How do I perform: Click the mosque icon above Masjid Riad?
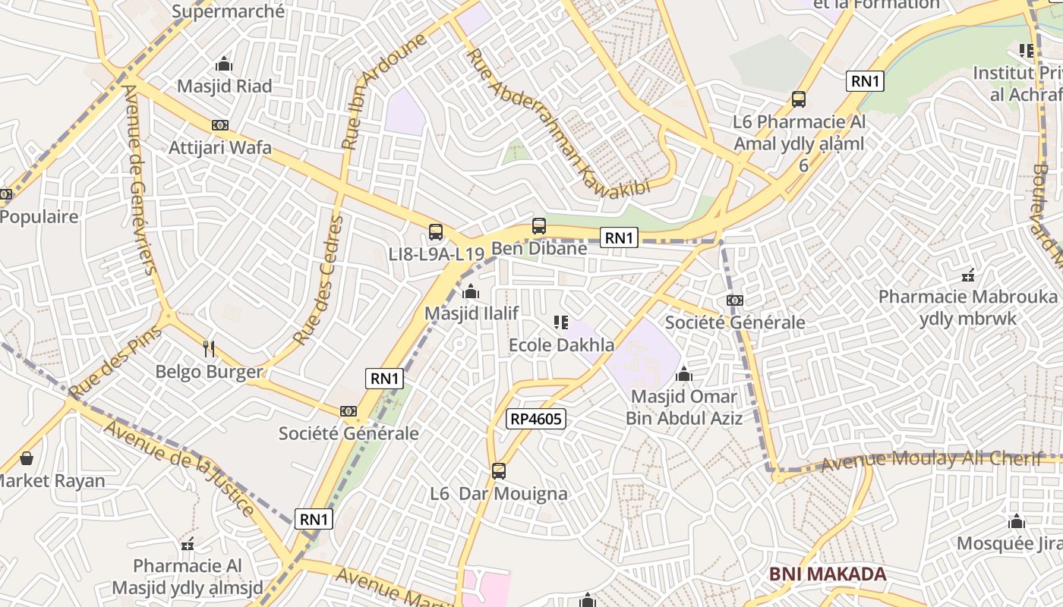223,64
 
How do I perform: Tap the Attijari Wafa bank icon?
220,125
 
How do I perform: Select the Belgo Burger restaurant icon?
210,349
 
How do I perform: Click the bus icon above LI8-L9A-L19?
436,232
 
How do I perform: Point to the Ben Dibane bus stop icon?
539,225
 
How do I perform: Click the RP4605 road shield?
536,418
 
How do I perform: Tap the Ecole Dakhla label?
561,345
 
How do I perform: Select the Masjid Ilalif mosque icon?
471,291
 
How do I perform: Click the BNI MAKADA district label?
828,574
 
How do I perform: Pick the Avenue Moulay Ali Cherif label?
931,460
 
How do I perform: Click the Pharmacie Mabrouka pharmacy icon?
967,275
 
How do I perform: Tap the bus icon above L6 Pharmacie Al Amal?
799,99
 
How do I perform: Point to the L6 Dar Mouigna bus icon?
499,470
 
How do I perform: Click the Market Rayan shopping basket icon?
27,458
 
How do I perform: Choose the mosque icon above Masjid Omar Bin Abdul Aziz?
684,374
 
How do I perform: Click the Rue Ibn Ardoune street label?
383,91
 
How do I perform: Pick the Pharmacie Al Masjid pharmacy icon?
188,543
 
